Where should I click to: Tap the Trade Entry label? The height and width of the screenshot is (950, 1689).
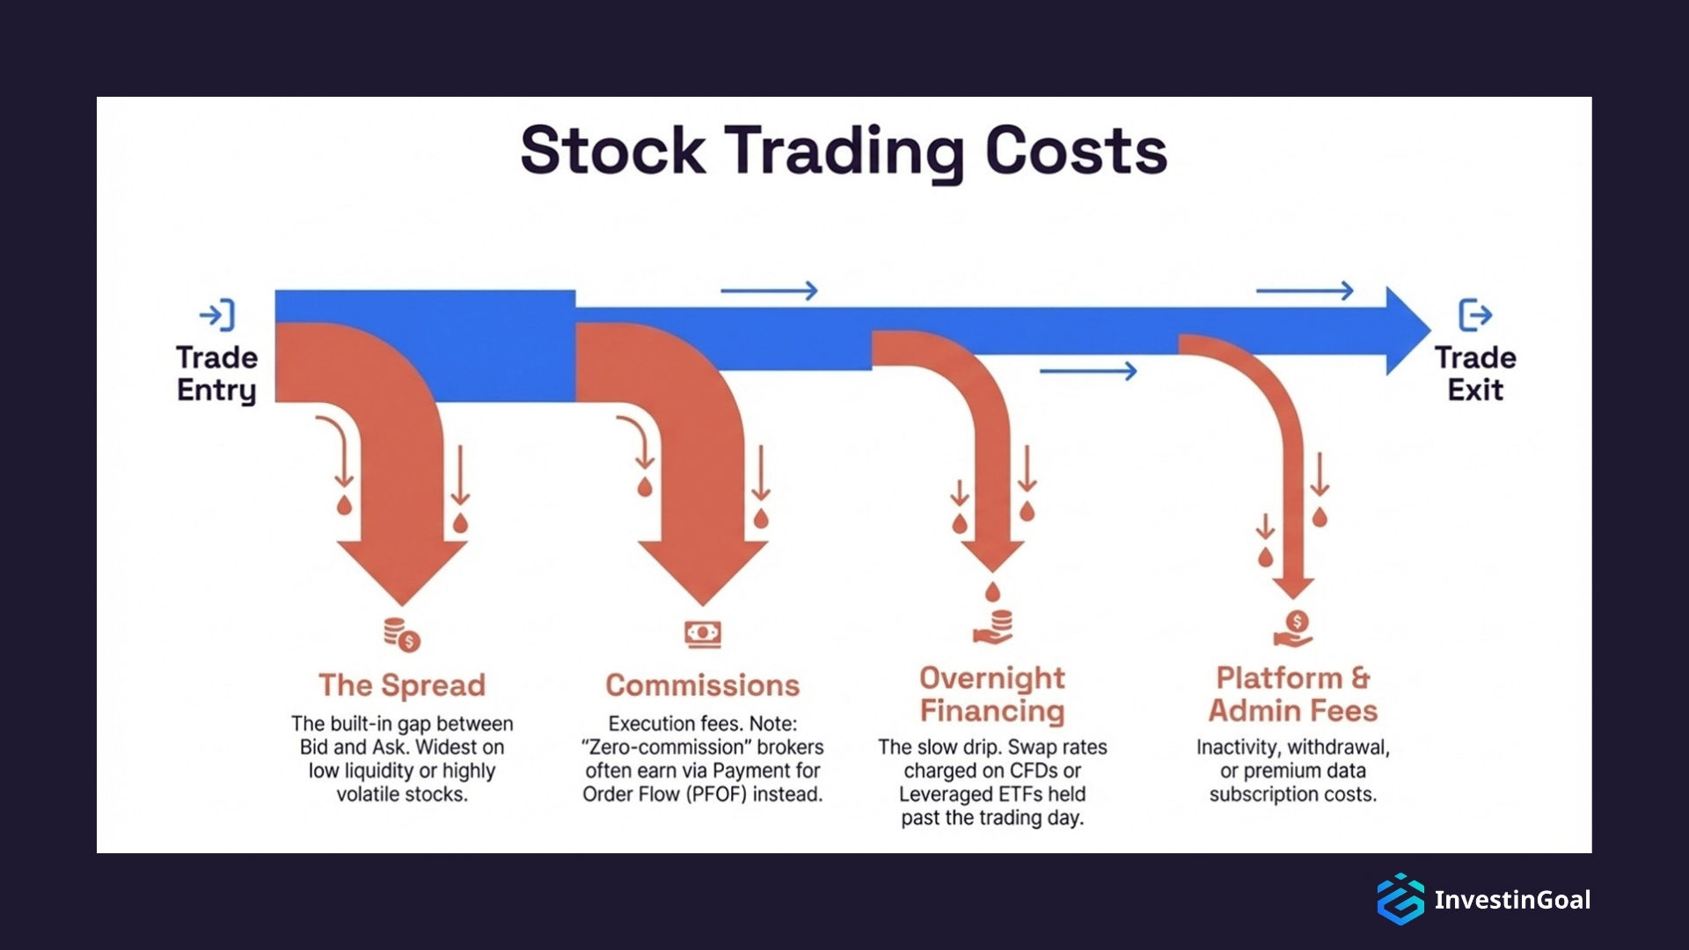216,374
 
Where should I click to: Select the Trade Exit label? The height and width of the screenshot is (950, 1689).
1475,374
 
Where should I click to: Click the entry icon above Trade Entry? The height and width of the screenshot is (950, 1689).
217,315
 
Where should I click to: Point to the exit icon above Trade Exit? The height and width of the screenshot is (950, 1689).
1475,315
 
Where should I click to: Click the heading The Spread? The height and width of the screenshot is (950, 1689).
402,685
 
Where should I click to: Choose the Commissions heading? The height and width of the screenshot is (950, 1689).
702,685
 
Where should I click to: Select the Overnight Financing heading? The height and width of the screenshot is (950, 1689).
992,694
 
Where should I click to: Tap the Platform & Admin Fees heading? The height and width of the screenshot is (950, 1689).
1292,694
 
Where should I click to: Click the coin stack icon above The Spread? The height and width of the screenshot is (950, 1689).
402,634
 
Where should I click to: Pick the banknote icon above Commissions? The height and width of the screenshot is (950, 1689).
703,633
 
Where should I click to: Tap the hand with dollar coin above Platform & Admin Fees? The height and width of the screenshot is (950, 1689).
1293,628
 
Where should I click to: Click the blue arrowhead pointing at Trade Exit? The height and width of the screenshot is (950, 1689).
1406,331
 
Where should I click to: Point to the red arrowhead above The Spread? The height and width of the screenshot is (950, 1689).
402,572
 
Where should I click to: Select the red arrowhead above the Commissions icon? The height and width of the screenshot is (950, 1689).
703,572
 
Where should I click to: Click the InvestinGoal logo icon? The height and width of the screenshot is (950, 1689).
1400,899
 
